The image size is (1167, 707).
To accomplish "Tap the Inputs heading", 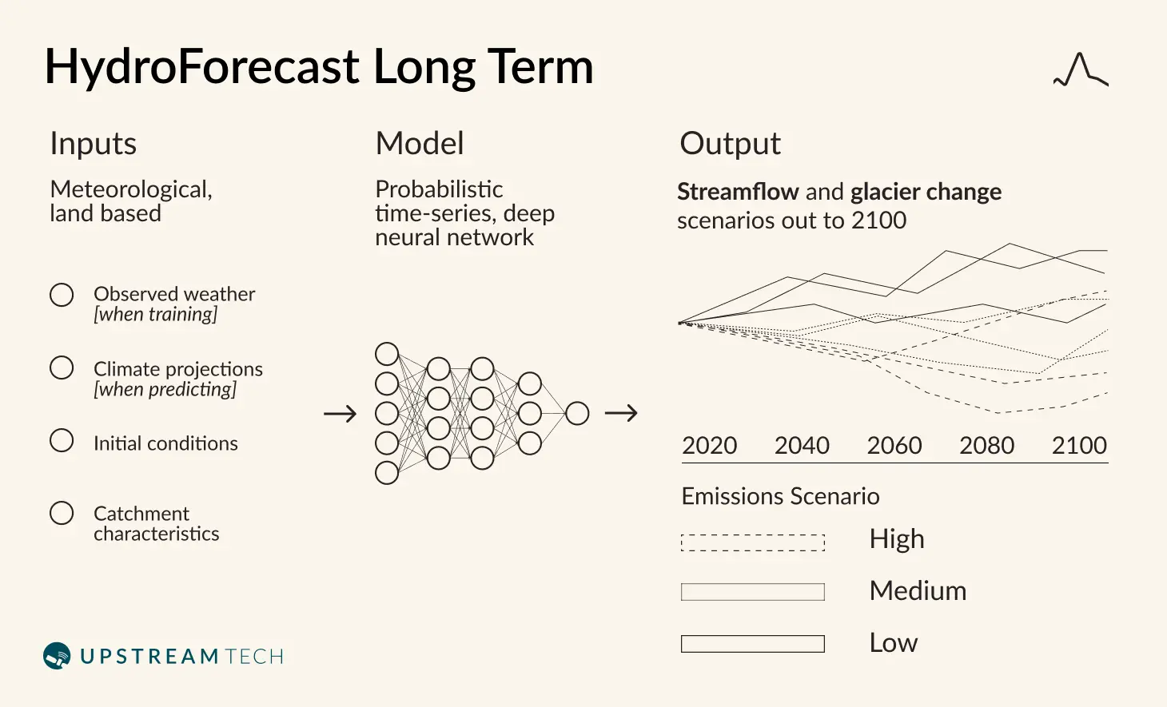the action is click(x=94, y=145).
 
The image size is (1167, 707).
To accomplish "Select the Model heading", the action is click(x=420, y=143).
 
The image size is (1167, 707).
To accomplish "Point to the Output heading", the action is click(x=730, y=145).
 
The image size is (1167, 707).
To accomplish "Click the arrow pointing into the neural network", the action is click(x=341, y=414).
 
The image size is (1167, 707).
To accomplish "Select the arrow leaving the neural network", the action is click(x=621, y=413).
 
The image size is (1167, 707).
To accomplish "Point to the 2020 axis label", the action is click(x=709, y=446).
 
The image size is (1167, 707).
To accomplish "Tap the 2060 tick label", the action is click(x=894, y=446).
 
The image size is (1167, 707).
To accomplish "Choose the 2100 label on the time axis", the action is click(x=1079, y=446).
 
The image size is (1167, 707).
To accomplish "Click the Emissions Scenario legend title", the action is click(x=780, y=496).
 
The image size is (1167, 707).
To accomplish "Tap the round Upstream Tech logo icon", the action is click(x=57, y=655).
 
